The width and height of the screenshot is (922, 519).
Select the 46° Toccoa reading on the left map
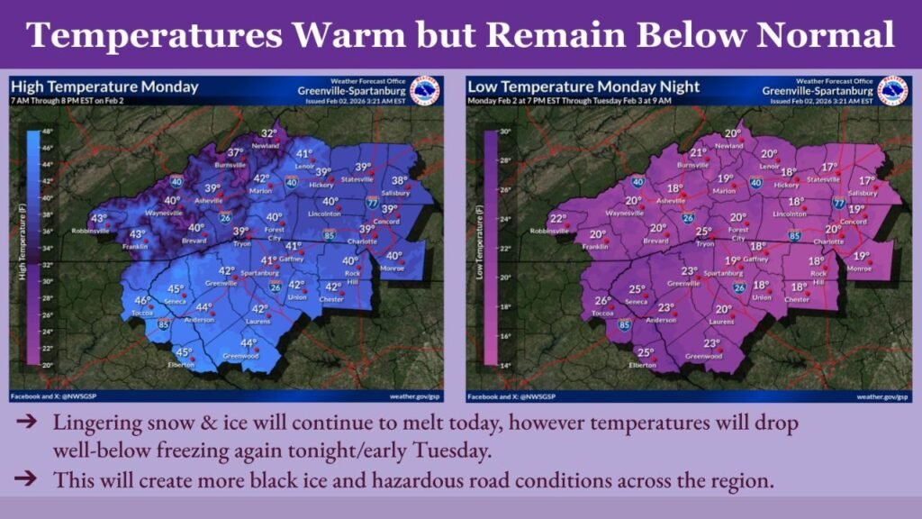coord(141,301)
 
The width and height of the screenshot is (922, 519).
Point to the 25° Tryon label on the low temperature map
coord(703,232)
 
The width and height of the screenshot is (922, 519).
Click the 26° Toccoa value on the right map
coord(602,301)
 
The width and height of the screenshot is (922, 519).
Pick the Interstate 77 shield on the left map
coord(372,205)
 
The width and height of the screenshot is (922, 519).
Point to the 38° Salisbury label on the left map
coord(399,179)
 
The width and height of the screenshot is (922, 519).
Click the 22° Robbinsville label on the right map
coord(558,219)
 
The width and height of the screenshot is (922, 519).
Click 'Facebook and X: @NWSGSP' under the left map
coord(53,396)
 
